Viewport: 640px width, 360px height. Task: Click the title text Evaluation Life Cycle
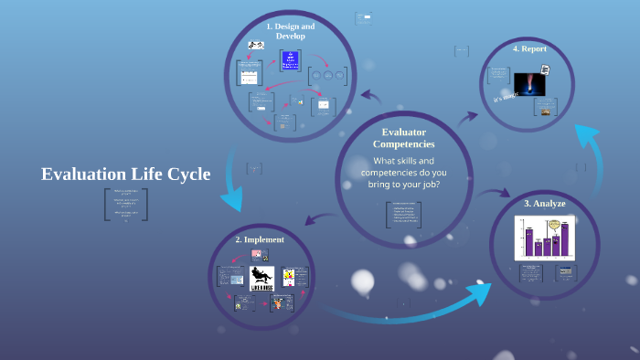click(125, 174)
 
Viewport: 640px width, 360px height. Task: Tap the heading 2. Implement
click(259, 239)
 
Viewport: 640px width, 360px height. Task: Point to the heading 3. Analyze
click(545, 203)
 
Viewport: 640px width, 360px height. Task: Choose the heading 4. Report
click(529, 48)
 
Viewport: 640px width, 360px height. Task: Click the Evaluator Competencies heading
click(403, 138)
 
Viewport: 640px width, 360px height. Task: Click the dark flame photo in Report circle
click(529, 84)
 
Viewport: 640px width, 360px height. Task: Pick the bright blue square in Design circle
click(291, 61)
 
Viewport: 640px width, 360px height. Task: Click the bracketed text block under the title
click(125, 205)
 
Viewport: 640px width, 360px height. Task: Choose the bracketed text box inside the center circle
click(403, 215)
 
